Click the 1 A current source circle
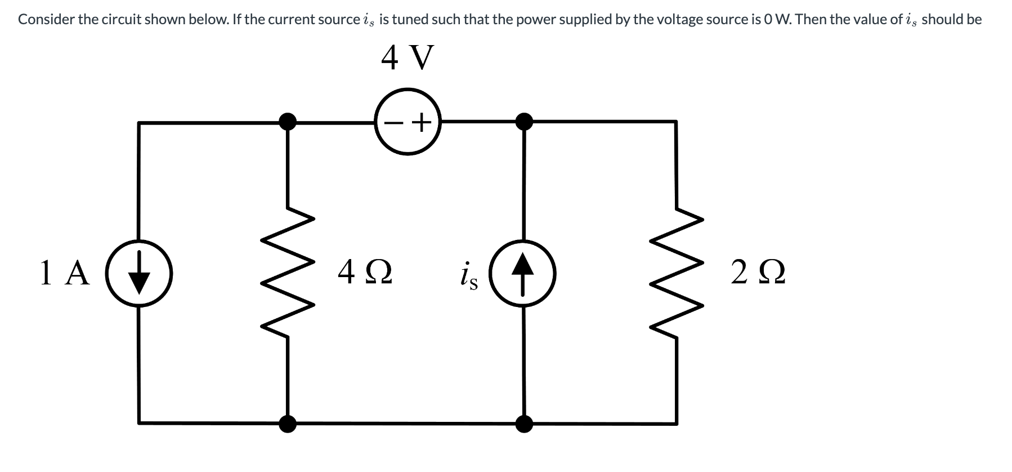coord(140,274)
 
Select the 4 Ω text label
coord(365,274)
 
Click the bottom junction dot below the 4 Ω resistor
coord(288,423)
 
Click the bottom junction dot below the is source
coord(525,423)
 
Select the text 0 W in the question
coord(778,20)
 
